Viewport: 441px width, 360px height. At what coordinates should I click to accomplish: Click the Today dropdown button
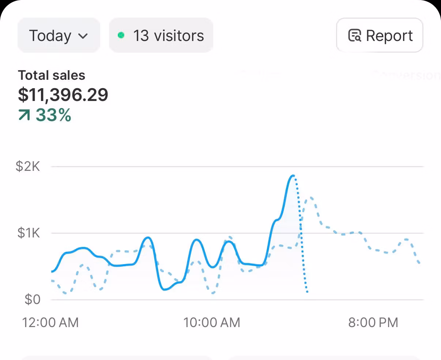(59, 35)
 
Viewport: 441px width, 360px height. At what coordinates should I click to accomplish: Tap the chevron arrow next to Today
(83, 36)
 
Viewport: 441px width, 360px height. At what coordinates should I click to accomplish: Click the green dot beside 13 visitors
(121, 35)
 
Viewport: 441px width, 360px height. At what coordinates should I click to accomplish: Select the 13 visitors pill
(161, 35)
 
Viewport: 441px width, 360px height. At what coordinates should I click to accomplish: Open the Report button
(380, 35)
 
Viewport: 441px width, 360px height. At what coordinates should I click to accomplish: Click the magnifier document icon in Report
(354, 35)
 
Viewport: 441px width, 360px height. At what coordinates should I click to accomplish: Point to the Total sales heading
(52, 75)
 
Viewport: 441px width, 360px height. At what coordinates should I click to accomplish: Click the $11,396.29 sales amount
(63, 95)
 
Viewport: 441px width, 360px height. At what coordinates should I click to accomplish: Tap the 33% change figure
(53, 115)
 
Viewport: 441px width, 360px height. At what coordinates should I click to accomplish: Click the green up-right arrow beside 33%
(24, 116)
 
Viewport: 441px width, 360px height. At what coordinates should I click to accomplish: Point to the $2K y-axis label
(28, 166)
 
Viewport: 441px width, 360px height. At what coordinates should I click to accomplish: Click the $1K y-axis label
(29, 233)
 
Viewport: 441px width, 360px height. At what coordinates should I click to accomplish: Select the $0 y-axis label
(32, 299)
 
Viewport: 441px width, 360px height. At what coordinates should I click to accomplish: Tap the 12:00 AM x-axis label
(50, 322)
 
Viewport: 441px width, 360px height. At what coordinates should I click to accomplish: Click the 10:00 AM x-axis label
(212, 322)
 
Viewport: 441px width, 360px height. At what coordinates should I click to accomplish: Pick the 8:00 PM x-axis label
(373, 322)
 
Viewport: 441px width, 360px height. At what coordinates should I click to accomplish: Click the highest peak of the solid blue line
(293, 176)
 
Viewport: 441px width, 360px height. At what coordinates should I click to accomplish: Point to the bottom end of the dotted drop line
(307, 292)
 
